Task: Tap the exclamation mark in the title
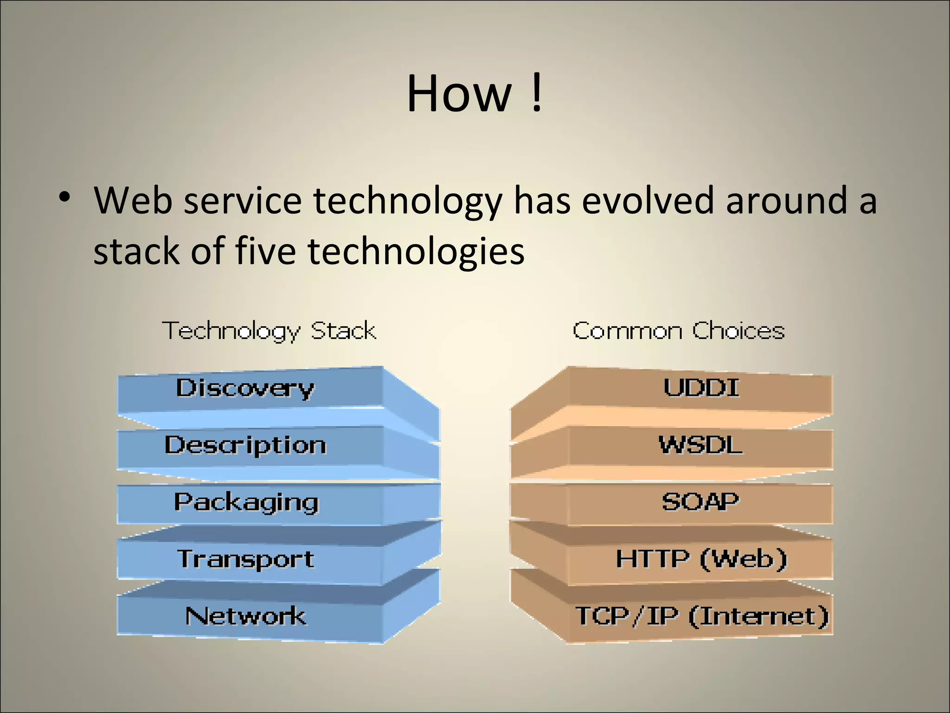pos(537,94)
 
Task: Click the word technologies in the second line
pos(416,252)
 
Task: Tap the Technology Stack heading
pos(269,331)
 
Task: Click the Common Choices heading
pos(678,331)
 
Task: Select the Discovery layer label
pos(245,388)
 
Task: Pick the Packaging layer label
pos(246,503)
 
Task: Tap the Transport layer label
pos(246,559)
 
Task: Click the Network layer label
pos(245,616)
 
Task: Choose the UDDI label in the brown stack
pos(701,388)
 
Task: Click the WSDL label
pos(700,445)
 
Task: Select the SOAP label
pos(700,502)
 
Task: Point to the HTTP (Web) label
pos(701,558)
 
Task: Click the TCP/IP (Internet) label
pos(702,616)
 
